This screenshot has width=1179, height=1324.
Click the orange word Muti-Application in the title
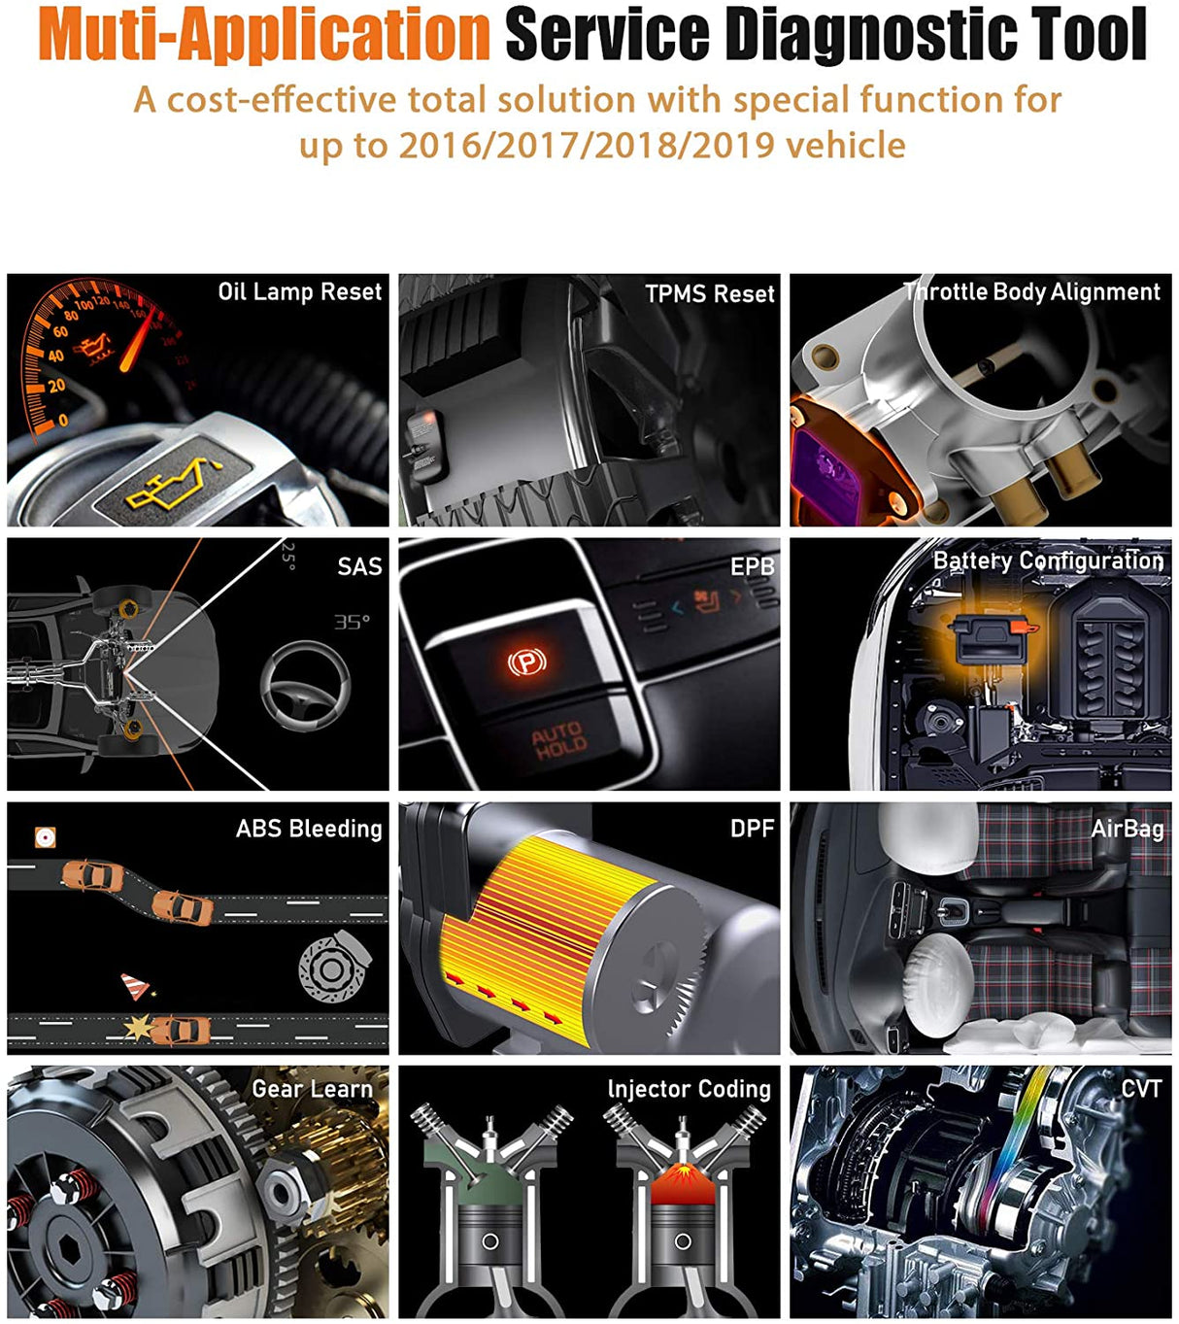264,35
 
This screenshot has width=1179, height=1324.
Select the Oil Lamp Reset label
299,292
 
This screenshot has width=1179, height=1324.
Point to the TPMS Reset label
709,294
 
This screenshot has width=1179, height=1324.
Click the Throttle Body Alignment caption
1031,292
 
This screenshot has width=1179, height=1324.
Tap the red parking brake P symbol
527,663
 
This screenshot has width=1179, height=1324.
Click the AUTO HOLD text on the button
558,740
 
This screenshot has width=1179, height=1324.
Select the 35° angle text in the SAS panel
352,622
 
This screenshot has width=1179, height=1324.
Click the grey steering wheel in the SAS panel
306,686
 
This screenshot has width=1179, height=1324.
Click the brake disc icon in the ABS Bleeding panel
333,968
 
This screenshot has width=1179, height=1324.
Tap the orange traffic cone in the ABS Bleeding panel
134,987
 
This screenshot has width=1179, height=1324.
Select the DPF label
752,829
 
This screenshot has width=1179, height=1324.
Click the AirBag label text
1127,829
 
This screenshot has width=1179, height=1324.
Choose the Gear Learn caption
312,1090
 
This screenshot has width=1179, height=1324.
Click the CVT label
1140,1089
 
